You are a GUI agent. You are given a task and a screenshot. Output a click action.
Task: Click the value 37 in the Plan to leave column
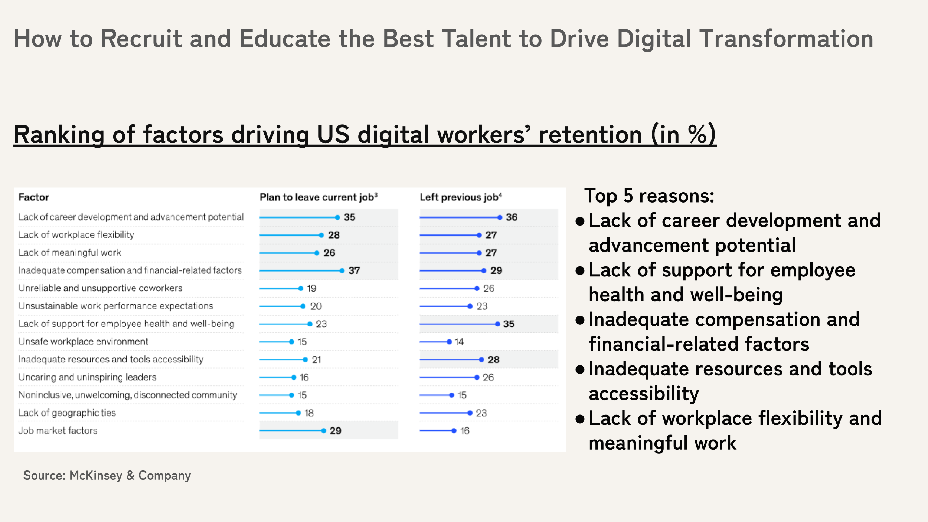[x=354, y=271]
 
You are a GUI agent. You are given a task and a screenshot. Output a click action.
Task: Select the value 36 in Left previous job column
[x=512, y=217]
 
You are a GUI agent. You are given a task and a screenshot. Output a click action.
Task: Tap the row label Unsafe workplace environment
[x=83, y=342]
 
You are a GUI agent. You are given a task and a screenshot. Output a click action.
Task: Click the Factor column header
[x=34, y=197]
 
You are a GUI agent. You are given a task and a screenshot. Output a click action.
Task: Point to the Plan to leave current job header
[x=318, y=197]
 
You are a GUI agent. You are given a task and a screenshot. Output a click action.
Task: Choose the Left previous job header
[x=461, y=197]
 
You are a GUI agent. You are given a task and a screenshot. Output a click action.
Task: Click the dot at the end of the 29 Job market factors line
[x=324, y=431]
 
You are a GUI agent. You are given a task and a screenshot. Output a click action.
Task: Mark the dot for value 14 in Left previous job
[x=449, y=342]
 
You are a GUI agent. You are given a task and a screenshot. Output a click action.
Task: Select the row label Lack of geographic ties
[x=67, y=413]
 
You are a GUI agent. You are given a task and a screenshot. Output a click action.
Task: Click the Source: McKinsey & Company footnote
[x=107, y=476]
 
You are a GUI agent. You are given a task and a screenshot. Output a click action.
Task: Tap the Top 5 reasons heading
[x=649, y=196]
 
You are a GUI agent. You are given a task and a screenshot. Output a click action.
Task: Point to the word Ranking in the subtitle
[x=59, y=135]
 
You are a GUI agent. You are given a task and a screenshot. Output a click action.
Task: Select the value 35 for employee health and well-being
[x=509, y=324]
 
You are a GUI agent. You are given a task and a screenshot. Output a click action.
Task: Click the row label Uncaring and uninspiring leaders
[x=87, y=377]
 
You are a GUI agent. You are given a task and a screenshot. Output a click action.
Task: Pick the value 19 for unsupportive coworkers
[x=311, y=289]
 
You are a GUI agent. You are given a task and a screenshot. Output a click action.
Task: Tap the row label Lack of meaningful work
[x=70, y=253]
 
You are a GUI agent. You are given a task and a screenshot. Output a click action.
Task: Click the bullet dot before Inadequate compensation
[x=580, y=319]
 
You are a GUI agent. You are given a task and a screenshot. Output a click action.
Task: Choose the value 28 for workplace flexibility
[x=334, y=235]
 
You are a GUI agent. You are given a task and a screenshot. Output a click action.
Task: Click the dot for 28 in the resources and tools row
[x=481, y=360]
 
